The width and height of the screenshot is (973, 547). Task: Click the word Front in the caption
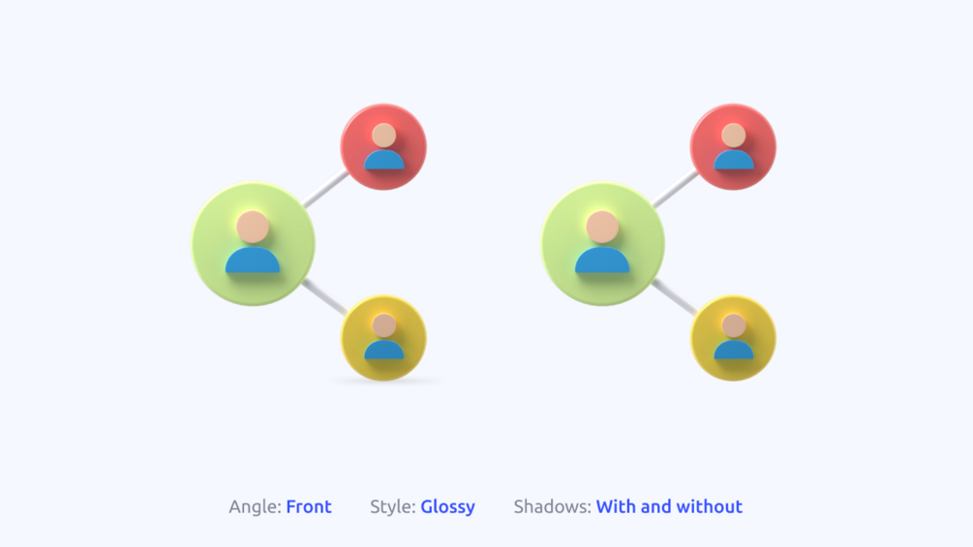point(309,506)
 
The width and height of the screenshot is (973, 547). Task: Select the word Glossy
point(447,507)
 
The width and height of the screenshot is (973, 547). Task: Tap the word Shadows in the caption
point(552,506)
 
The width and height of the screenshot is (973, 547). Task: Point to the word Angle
point(255,507)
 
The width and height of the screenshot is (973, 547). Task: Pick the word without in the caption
point(710,506)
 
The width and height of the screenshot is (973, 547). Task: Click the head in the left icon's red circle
point(384,136)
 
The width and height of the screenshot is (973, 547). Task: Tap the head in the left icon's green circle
point(253,227)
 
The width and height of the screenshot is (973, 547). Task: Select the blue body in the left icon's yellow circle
point(384,349)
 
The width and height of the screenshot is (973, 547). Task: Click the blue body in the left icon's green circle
point(253,260)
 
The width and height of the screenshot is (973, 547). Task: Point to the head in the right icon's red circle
point(734,136)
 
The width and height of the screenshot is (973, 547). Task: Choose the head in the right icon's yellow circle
point(734,325)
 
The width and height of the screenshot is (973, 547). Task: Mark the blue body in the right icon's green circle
point(602,260)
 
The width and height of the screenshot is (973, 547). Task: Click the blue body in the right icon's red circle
point(734,160)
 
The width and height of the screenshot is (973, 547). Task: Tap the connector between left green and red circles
point(325,189)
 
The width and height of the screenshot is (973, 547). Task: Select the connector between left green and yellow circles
point(324,296)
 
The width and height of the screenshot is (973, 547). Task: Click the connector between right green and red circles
point(675,189)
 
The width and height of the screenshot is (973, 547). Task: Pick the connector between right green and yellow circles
point(675,296)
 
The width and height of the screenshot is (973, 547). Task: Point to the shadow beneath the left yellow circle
point(384,381)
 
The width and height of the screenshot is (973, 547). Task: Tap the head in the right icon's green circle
point(602,227)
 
